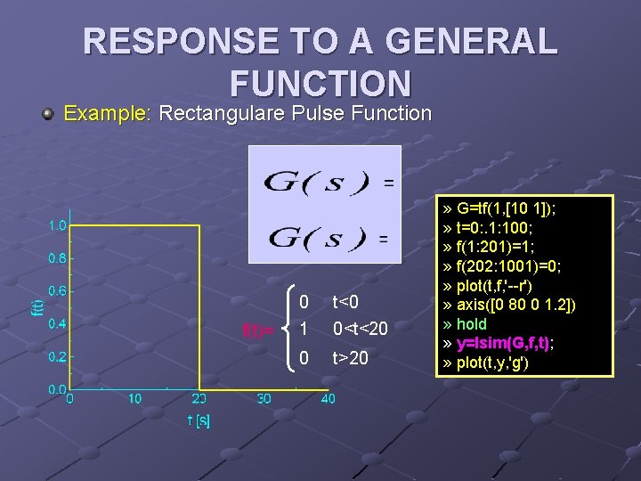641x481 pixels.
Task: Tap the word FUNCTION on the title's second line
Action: (x=320, y=84)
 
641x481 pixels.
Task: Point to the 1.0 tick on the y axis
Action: (x=57, y=225)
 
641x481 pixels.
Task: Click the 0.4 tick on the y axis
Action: (x=57, y=323)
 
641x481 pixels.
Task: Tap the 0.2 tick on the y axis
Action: (x=57, y=356)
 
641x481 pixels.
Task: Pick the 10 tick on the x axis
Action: (x=134, y=399)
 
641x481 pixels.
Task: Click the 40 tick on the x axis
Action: (x=328, y=399)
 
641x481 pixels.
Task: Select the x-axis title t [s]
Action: (x=198, y=420)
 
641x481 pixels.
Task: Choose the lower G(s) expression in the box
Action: (x=316, y=238)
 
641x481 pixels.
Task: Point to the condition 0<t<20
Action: (x=361, y=329)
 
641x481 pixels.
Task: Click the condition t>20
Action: (x=351, y=359)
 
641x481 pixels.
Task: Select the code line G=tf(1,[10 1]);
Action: (x=504, y=209)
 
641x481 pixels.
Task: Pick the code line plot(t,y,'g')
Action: (x=493, y=362)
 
